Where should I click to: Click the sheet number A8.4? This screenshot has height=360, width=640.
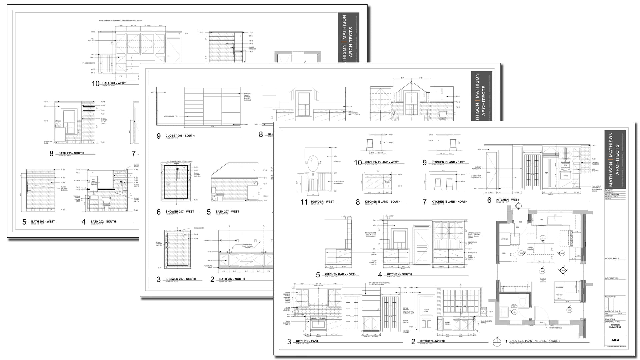click(615, 340)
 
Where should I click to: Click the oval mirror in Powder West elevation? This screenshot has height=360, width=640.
click(313, 163)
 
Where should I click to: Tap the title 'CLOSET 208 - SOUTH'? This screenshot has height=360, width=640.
click(180, 136)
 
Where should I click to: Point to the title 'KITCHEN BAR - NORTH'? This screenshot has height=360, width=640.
click(340, 274)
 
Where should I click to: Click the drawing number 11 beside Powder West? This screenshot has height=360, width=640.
click(304, 202)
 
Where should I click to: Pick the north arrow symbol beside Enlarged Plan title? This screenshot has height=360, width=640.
click(497, 342)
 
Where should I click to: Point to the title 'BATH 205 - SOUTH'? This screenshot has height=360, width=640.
click(71, 153)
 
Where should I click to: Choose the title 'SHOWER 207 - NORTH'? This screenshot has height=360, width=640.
click(181, 279)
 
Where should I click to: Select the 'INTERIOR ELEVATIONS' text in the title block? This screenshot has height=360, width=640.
click(615, 326)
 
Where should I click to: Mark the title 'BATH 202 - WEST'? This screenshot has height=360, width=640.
click(43, 222)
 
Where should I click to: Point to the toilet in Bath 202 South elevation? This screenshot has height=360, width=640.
click(106, 201)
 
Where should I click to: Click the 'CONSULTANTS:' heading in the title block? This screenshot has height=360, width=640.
click(612, 258)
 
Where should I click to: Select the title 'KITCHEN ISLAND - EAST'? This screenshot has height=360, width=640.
click(448, 162)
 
